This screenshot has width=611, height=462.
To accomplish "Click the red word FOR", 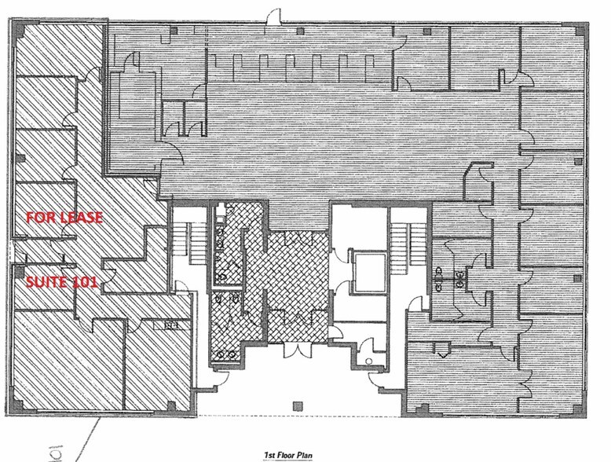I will (x=40, y=218).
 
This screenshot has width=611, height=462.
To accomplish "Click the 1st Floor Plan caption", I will (x=298, y=454).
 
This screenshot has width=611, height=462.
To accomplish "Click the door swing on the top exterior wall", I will (x=273, y=16).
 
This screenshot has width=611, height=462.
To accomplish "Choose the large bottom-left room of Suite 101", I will (x=63, y=361).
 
